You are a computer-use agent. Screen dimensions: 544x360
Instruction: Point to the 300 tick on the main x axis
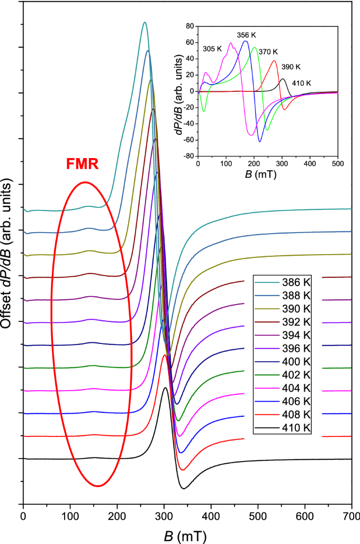tap(164, 516)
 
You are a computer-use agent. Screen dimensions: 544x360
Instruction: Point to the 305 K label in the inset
tap(212, 49)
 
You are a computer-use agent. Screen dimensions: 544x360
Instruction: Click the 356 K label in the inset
tap(246, 35)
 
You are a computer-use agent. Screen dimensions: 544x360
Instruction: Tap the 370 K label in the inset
tap(268, 51)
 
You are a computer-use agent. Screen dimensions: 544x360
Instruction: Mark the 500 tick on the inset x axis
tap(337, 164)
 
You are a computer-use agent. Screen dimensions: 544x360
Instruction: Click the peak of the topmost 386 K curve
tap(144, 22)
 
